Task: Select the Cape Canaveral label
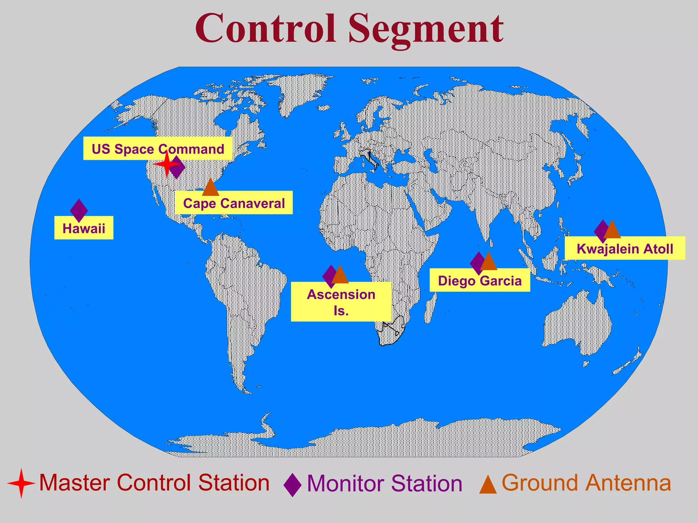[234, 204]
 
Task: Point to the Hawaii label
[84, 228]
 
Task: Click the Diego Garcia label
[480, 281]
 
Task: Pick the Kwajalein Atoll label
[625, 249]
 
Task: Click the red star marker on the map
[166, 165]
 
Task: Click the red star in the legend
[21, 483]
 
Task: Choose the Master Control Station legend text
[154, 483]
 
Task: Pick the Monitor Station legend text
[384, 484]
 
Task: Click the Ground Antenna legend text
[586, 483]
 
